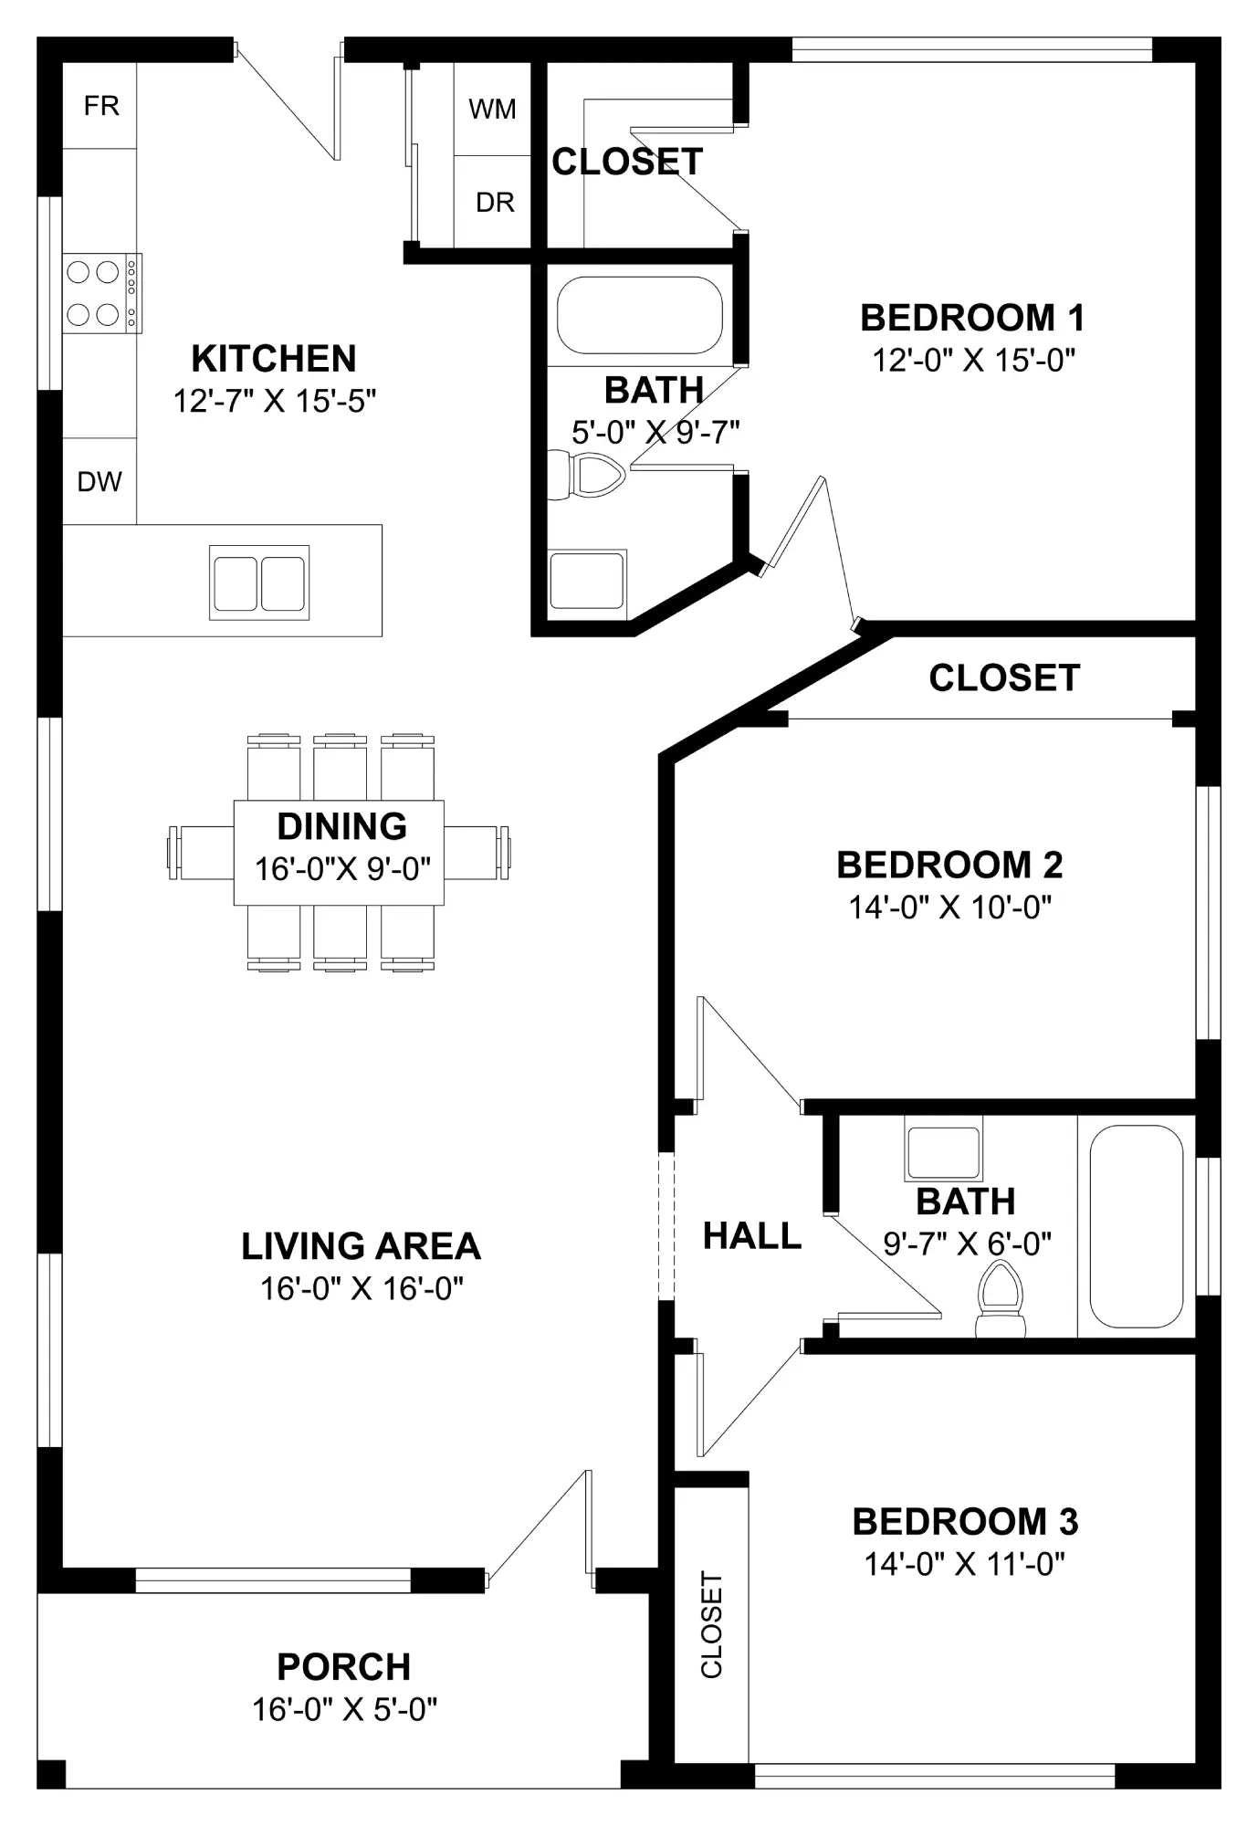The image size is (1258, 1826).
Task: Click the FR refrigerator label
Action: coord(101,106)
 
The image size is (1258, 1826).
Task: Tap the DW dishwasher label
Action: coord(100,481)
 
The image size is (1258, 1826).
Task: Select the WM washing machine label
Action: coord(492,110)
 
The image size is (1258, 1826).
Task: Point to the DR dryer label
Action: coord(495,202)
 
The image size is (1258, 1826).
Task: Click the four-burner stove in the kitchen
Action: coord(102,293)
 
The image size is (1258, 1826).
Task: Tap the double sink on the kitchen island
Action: coord(259,582)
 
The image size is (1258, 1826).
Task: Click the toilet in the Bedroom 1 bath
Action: coord(585,475)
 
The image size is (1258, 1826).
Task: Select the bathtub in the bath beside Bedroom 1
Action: coord(640,315)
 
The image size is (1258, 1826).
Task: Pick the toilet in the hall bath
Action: coord(1001,1299)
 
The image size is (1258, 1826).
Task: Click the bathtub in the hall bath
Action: coord(1137,1226)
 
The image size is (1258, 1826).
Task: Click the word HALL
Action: coord(752,1236)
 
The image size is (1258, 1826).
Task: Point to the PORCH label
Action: coord(344,1667)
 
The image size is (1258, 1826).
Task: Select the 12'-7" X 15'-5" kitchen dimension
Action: coord(275,401)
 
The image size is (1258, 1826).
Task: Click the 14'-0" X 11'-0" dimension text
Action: coord(965,1564)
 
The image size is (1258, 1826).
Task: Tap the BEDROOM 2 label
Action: coord(950,865)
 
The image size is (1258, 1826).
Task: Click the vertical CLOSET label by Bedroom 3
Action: coord(711,1624)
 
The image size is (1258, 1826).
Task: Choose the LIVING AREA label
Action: coord(361,1246)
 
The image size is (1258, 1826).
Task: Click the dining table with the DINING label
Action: coord(339,853)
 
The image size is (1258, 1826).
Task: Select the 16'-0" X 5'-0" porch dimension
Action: coord(345,1709)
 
